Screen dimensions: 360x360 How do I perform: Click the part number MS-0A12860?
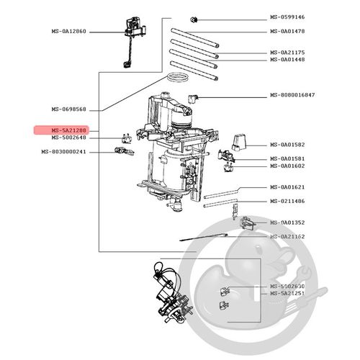coord(68,32)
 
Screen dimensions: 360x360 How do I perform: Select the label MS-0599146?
coord(288,17)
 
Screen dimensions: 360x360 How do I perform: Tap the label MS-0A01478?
coord(288,32)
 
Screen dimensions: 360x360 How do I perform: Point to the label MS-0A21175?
coord(288,53)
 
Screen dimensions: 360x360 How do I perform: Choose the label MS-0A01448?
coord(288,60)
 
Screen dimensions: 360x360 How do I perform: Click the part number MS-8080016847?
coord(292,95)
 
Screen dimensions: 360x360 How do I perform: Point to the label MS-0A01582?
coord(288,145)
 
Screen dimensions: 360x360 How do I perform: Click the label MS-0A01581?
coord(288,158)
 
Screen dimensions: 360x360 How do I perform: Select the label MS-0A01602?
coord(288,166)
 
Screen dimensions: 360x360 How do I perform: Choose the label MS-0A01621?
coord(288,187)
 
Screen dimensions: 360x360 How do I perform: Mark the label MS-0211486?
coord(288,201)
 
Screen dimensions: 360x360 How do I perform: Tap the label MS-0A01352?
coord(288,222)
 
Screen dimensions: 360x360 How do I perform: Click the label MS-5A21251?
coord(288,293)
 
